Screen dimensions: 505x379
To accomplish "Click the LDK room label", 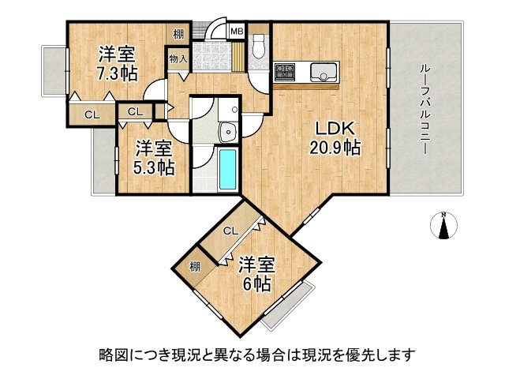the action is [x=335, y=129].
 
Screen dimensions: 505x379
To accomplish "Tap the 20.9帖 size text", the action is [x=335, y=148].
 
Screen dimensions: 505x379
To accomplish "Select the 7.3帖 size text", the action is [x=118, y=73].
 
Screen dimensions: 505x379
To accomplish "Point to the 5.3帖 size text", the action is [x=154, y=167].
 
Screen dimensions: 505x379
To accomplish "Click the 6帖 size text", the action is [x=256, y=284].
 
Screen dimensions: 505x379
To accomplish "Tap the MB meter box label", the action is [x=238, y=32].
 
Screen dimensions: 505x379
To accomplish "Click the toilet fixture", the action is [x=258, y=47].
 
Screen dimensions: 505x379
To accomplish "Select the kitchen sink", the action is [x=324, y=72].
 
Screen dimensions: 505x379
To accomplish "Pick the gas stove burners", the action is [x=284, y=72].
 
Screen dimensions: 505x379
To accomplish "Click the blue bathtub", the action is [x=228, y=170].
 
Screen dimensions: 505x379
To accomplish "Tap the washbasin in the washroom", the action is [x=228, y=131].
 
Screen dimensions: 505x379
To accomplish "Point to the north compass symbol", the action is [x=443, y=225].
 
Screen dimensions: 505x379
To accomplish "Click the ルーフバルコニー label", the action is [x=425, y=110].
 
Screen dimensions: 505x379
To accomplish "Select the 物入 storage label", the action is [x=178, y=59].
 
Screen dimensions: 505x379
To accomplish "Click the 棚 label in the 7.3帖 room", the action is [x=178, y=34].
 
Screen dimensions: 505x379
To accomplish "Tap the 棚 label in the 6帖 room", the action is [x=195, y=267].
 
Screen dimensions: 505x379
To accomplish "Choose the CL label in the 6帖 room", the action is [x=231, y=231].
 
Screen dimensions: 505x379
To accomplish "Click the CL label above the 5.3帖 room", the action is [x=135, y=112].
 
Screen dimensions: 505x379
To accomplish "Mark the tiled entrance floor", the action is [x=212, y=57].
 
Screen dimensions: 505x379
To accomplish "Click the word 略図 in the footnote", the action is [x=110, y=355].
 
